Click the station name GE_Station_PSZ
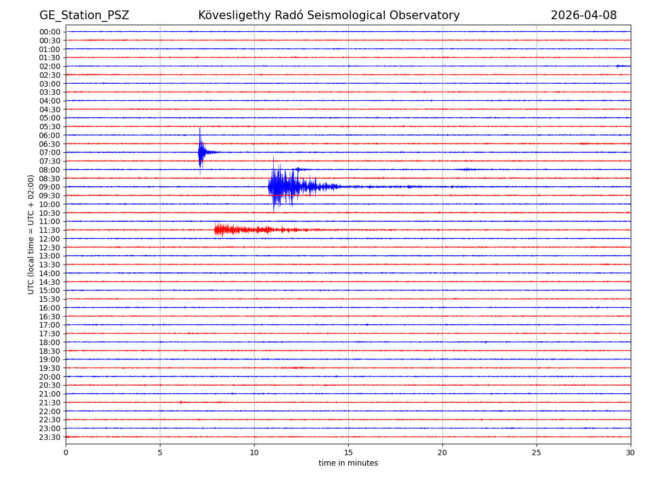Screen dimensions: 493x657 point(84,16)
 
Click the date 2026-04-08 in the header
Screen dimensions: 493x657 point(583,16)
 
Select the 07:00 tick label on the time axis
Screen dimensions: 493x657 point(50,152)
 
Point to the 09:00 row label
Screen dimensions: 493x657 point(50,187)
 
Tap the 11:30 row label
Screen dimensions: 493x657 point(50,230)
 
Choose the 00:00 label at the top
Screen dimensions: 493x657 point(50,32)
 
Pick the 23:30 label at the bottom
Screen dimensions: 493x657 point(50,437)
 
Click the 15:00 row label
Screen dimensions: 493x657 point(50,290)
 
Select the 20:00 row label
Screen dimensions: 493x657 point(50,377)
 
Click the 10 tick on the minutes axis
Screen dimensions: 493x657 point(254,453)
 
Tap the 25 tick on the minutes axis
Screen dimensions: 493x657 point(537,453)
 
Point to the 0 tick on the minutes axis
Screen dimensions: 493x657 point(66,453)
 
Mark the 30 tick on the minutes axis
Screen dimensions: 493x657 point(631,453)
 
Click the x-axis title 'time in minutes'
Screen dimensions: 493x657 point(348,463)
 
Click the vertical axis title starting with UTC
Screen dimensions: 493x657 point(32,234)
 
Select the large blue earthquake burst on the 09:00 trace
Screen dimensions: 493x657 point(285,187)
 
